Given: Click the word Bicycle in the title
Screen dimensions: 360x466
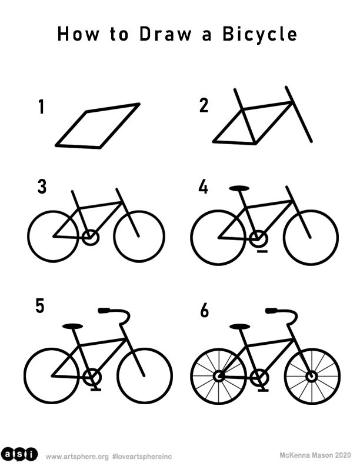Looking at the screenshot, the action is tap(259, 34).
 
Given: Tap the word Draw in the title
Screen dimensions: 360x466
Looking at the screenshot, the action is tap(165, 34).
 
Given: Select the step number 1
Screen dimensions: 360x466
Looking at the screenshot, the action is tap(41, 106).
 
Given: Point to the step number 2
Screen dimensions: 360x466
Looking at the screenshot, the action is tap(204, 105).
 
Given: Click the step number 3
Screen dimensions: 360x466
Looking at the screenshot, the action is tap(42, 187).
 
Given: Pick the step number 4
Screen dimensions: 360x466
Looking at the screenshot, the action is tap(203, 187).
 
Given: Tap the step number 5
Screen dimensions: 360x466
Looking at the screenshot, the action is tap(40, 306).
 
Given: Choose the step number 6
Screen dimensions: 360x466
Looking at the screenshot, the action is tap(204, 311).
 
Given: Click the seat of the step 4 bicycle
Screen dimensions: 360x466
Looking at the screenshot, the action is tap(239, 188).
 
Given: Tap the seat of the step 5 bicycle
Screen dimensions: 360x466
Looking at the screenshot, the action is tap(72, 326).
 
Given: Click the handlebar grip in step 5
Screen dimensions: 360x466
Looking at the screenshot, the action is tap(104, 311).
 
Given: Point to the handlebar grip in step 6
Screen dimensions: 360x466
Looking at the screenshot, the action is tap(271, 311).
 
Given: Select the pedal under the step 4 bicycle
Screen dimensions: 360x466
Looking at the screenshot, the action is tap(262, 251).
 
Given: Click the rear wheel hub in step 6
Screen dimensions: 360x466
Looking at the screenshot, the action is tap(219, 377).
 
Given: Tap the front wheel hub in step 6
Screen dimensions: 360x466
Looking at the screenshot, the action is tap(311, 377).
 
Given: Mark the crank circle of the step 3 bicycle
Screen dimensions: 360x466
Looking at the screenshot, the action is tap(90, 237).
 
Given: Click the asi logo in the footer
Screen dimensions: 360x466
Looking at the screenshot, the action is tap(19, 454).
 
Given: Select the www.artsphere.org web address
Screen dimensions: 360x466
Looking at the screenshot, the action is tap(77, 457).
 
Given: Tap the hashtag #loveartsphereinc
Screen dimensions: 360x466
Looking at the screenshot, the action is tap(142, 457).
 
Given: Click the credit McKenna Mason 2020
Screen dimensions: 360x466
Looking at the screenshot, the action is tap(315, 455).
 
